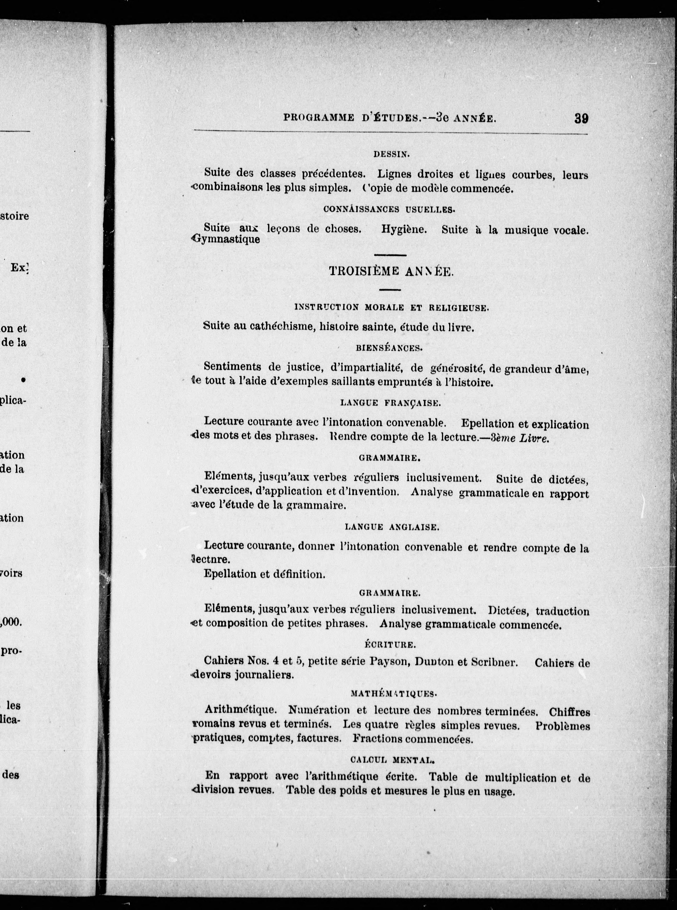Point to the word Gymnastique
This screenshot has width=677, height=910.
pyautogui.click(x=226, y=239)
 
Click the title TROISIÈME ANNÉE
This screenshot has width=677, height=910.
pyautogui.click(x=391, y=272)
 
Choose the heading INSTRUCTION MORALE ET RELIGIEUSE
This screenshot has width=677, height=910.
pyautogui.click(x=391, y=307)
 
